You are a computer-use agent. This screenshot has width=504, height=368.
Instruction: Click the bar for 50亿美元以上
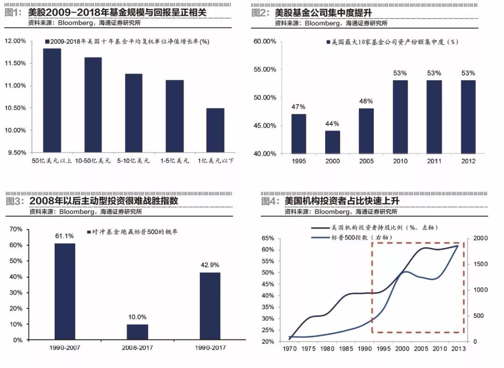coord(52,100)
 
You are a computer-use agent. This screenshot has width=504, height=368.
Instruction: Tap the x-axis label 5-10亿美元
coord(133,161)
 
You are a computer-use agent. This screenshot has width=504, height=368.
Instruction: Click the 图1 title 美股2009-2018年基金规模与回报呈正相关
coord(117,13)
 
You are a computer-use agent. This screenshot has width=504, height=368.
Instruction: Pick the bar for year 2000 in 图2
coord(332,142)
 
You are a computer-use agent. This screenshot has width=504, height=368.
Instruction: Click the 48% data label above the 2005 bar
coord(366,101)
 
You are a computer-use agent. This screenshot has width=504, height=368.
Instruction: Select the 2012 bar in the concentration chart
coord(468,117)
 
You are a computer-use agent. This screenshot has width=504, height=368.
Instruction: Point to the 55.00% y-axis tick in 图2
coord(265,69)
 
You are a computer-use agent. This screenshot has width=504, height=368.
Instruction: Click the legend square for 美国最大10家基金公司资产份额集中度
coord(328,42)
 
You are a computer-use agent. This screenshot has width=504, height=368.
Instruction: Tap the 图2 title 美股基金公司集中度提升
coord(327,13)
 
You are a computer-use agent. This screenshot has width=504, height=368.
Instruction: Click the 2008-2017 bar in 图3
coord(137,332)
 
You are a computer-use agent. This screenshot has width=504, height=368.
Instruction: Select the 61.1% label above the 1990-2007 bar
coord(64,236)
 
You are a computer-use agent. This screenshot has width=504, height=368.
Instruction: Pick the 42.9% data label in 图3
coord(210,265)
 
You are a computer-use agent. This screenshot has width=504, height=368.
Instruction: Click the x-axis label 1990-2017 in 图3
coord(210,348)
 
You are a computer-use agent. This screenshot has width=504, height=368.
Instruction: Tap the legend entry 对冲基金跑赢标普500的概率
coord(135,232)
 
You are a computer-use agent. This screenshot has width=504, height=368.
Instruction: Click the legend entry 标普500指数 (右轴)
coord(359,237)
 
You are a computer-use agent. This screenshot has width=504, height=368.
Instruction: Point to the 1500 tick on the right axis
coord(481,264)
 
